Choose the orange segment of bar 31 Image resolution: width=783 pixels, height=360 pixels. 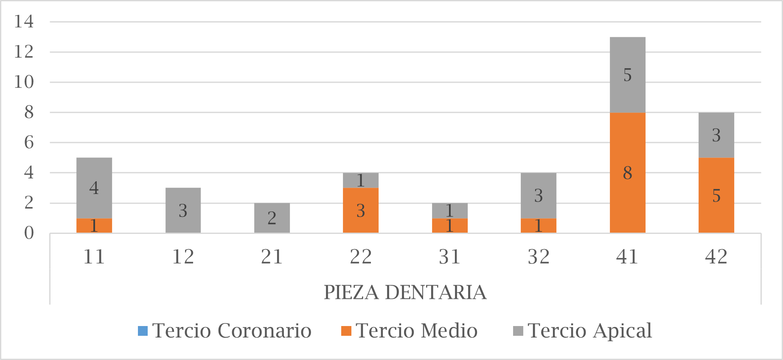[449, 225]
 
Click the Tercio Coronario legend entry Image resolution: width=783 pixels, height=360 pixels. [225, 331]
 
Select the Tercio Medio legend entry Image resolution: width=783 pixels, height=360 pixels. [410, 331]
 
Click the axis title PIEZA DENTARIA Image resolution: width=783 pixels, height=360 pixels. [405, 292]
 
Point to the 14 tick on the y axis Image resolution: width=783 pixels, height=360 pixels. [24, 21]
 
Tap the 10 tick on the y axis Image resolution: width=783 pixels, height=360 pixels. [24, 82]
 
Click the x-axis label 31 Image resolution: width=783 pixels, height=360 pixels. [449, 257]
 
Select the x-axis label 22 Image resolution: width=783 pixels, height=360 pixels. [360, 257]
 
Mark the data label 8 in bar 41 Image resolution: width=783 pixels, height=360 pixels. [627, 173]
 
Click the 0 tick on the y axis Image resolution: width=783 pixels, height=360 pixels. [28, 233]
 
